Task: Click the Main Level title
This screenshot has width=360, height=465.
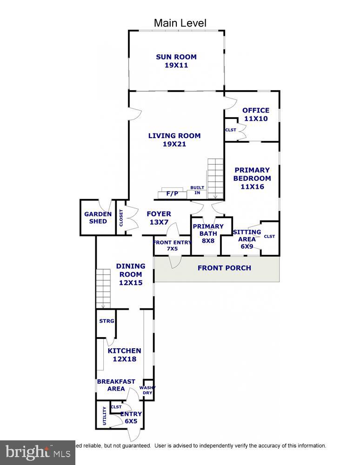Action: click(180, 23)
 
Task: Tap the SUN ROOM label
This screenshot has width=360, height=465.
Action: click(176, 61)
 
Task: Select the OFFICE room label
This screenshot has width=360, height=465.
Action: click(255, 114)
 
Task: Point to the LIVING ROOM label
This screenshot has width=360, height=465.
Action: click(174, 140)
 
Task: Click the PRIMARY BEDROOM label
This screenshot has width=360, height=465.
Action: click(252, 178)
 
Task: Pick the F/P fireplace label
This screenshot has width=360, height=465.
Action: click(173, 193)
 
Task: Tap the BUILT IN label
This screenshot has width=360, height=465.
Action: click(197, 190)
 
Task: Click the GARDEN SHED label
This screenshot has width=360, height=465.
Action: click(98, 218)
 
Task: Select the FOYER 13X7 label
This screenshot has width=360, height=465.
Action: click(159, 218)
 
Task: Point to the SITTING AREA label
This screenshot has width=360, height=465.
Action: click(247, 239)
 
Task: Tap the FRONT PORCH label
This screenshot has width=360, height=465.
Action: click(224, 268)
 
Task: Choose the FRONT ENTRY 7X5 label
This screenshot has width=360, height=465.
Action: click(172, 246)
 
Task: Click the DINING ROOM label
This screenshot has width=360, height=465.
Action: click(130, 274)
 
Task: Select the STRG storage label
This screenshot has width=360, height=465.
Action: click(107, 321)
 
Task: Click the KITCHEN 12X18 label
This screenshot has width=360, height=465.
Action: click(124, 355)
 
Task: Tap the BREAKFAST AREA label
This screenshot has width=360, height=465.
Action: click(116, 385)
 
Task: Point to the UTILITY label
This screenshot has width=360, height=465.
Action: click(104, 416)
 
